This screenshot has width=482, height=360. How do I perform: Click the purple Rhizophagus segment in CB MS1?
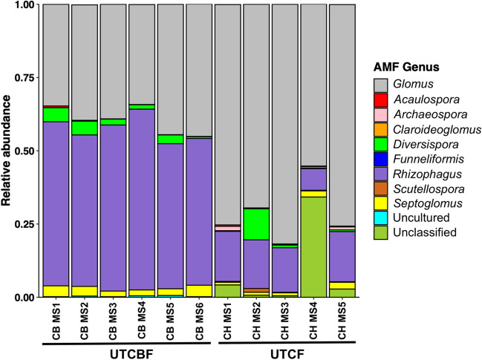point(56,203)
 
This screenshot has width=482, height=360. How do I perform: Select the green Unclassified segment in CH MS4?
point(313,247)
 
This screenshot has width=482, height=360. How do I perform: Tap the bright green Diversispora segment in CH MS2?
point(256,224)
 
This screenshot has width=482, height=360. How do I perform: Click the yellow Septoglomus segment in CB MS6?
point(199,291)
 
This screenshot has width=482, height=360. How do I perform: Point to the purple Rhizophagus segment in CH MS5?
point(342,257)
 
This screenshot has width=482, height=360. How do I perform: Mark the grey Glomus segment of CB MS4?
point(141,54)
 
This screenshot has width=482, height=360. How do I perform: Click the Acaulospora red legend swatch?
point(380,100)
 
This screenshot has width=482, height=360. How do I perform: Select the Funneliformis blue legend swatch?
point(380,160)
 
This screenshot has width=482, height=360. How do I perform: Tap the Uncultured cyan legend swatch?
point(380,217)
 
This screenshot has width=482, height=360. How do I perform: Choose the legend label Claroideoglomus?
point(437,130)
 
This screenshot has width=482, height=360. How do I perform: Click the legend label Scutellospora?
point(429,189)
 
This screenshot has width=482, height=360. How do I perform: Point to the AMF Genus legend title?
point(406,67)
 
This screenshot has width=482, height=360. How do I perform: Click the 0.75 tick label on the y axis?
point(25,77)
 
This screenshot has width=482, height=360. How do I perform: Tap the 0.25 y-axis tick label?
point(25,224)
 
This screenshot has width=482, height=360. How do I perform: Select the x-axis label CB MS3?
point(113,321)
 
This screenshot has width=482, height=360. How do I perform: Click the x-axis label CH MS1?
point(227,321)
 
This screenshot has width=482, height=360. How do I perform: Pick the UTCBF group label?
point(131,355)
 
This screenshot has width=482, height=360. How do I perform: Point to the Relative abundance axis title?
point(6,151)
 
